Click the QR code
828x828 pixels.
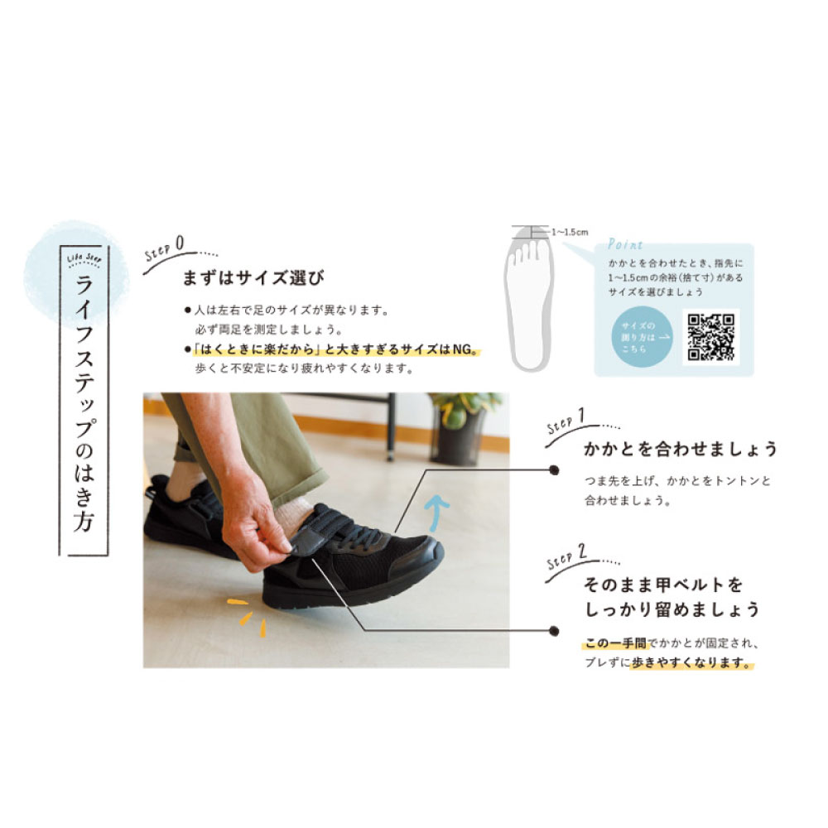[x=710, y=336]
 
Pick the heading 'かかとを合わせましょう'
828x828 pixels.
[x=681, y=450]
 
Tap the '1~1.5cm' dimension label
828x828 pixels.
[x=570, y=233]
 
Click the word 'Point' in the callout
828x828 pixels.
[x=625, y=245]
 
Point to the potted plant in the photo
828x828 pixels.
[x=460, y=427]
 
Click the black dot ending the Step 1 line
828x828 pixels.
[x=554, y=469]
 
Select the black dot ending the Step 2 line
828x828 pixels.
[x=554, y=631]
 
